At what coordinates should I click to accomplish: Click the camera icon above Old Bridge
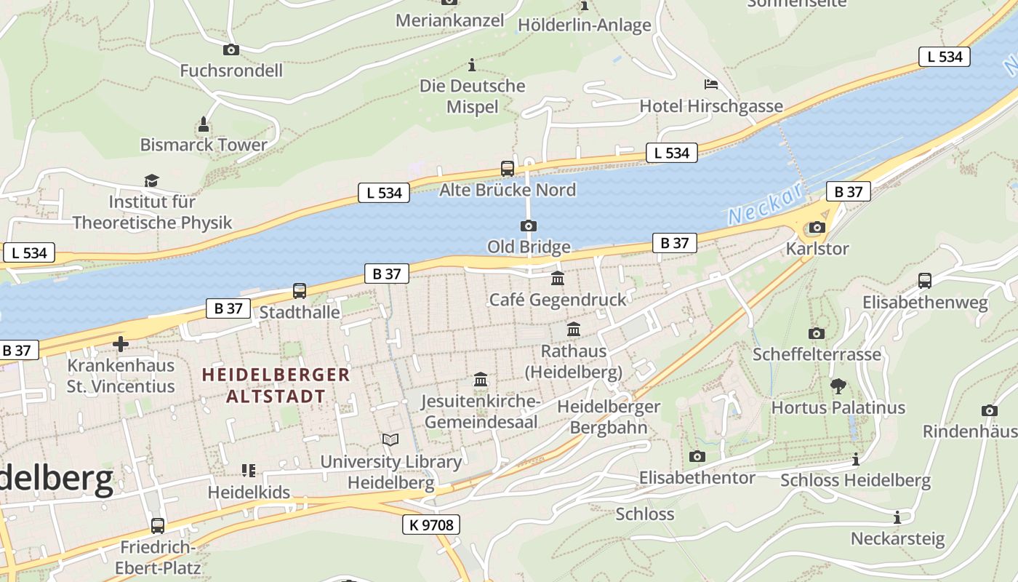coord(529,226)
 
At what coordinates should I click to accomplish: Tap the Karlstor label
coord(817,249)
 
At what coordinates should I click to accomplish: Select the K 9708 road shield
coord(431,525)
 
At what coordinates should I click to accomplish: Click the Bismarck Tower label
coord(204,145)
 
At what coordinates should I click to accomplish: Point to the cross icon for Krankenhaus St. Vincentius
coord(121,344)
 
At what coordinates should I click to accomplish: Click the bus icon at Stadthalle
coord(300,291)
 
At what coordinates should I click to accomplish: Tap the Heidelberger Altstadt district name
coord(276,386)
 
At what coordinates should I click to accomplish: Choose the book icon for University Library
coord(390,439)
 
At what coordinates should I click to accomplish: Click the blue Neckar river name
coord(765,204)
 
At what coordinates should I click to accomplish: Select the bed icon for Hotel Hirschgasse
coord(711,84)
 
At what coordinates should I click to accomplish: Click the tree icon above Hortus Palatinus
coord(838,386)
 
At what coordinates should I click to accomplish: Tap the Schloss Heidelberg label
coord(855,480)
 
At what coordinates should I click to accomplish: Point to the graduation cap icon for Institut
coord(151,180)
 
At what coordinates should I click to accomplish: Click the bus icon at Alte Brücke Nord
coord(508,169)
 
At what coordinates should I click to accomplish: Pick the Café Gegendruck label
coord(557,300)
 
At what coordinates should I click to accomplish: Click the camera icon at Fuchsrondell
coord(231,49)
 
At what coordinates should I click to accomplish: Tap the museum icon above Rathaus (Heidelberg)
coord(574,330)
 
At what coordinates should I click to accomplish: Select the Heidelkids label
coord(249,493)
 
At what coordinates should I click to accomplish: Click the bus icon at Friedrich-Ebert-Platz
coord(158,525)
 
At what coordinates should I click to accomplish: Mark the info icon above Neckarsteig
coord(897,517)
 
